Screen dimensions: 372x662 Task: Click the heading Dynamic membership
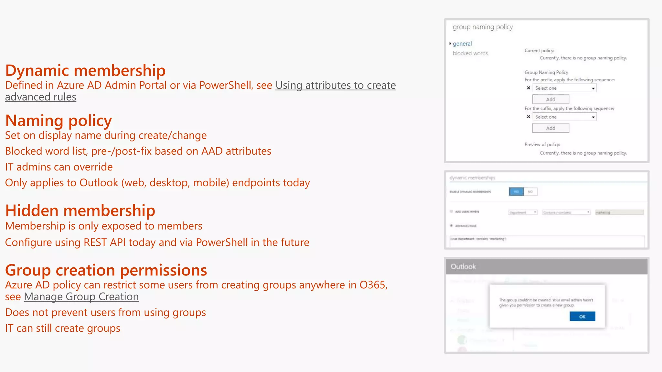85,70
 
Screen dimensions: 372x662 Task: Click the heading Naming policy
59,121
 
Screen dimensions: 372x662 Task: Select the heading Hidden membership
80,211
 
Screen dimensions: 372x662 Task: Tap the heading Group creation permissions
106,270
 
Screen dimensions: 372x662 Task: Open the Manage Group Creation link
81,297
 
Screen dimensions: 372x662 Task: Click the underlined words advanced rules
41,97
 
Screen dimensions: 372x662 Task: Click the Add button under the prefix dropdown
550,99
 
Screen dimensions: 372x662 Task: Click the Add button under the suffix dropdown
550,128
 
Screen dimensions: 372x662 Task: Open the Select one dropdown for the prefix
564,88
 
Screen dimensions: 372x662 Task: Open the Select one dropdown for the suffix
564,117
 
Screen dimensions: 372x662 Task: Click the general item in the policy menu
462,44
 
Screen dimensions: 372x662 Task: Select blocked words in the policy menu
470,53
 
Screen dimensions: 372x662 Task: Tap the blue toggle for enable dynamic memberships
516,192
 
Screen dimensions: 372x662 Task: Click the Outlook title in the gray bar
463,267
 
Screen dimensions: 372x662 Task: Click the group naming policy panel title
483,27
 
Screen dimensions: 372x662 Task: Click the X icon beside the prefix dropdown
529,88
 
